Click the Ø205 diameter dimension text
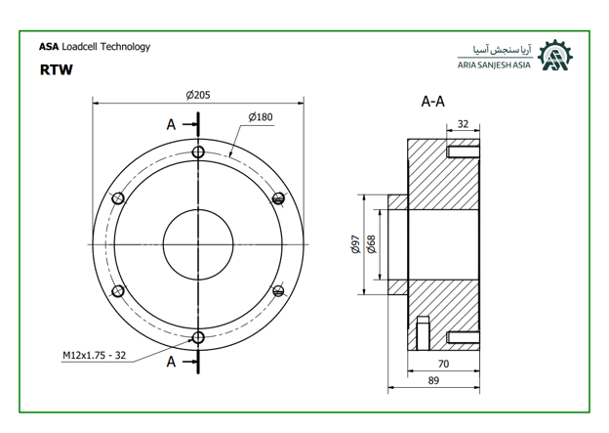(x=198, y=95)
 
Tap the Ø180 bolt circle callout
(x=261, y=117)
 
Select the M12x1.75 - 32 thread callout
(x=94, y=355)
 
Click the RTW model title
(x=57, y=69)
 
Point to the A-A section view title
(x=433, y=102)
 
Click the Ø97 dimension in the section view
(x=356, y=244)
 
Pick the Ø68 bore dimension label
(x=372, y=244)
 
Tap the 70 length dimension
(x=443, y=364)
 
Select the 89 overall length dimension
(x=433, y=380)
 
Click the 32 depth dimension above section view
(x=463, y=124)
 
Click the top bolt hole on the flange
(x=198, y=152)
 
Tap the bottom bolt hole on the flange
(x=198, y=337)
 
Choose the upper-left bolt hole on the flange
(x=118, y=198)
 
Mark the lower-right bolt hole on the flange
(x=278, y=291)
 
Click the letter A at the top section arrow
(x=172, y=125)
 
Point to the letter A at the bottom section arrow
(x=172, y=363)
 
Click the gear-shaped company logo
(x=555, y=56)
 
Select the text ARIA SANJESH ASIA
(x=494, y=65)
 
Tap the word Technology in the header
(x=126, y=47)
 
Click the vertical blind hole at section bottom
(x=423, y=333)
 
